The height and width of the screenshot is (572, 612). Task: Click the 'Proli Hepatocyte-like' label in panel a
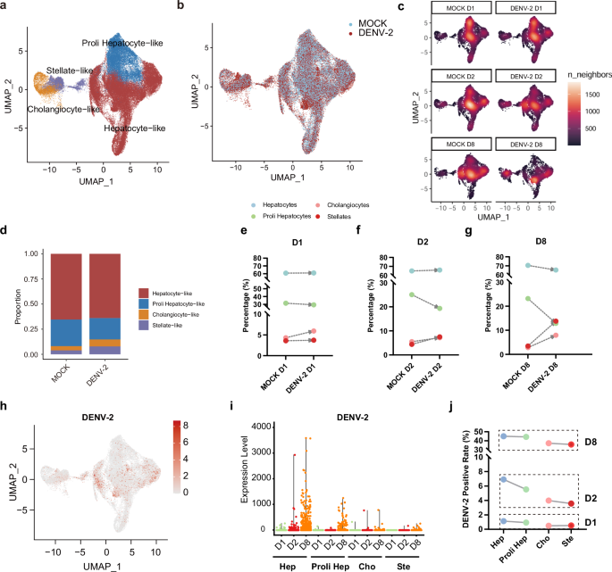pyautogui.click(x=122, y=43)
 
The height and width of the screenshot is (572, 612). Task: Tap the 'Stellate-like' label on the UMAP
pyautogui.click(x=70, y=70)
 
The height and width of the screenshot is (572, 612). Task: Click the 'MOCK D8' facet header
pyautogui.click(x=460, y=145)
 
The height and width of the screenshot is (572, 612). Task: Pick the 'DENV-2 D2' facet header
pyautogui.click(x=526, y=77)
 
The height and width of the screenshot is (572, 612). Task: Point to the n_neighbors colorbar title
pyautogui.click(x=590, y=74)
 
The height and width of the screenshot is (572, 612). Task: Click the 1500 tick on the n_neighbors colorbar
pyautogui.click(x=592, y=95)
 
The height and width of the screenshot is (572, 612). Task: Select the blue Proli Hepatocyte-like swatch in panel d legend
pyautogui.click(x=144, y=303)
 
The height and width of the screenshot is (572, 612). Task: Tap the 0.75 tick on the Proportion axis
pyautogui.click(x=31, y=279)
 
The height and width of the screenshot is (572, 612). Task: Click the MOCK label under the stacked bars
pyautogui.click(x=61, y=374)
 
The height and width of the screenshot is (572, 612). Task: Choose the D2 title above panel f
pyautogui.click(x=423, y=242)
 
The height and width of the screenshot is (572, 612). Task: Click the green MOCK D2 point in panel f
pyautogui.click(x=411, y=294)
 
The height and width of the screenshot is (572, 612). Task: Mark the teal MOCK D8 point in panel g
pyautogui.click(x=528, y=266)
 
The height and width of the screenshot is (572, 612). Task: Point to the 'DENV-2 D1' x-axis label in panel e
pyautogui.click(x=302, y=377)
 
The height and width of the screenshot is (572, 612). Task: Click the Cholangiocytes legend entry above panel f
pyautogui.click(x=348, y=205)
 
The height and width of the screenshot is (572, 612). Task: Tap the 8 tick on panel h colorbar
pyautogui.click(x=186, y=426)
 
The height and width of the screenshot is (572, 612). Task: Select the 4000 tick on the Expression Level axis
pyautogui.click(x=261, y=427)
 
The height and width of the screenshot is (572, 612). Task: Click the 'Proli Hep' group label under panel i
pyautogui.click(x=331, y=567)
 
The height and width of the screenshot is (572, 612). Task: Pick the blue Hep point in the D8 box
pyautogui.click(x=504, y=436)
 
